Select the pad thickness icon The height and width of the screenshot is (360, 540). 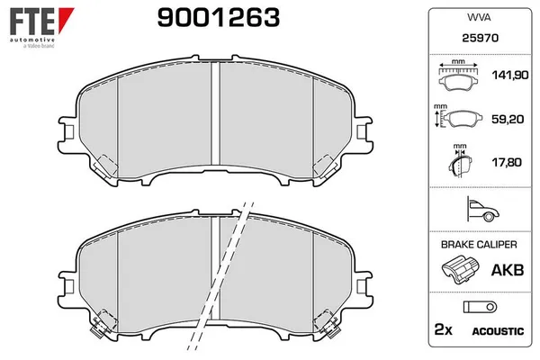click(x=459, y=163)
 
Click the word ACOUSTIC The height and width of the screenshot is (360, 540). click(x=498, y=332)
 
